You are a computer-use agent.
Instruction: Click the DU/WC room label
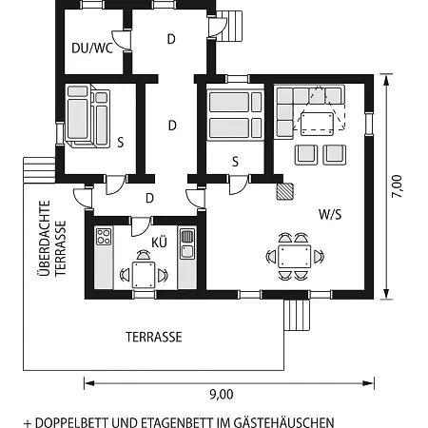tap(92, 49)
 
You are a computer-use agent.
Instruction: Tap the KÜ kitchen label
tap(159, 243)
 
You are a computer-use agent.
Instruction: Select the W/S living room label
tap(330, 215)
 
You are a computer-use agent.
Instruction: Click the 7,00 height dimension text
tap(397, 186)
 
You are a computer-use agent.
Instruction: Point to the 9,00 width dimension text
tap(222, 395)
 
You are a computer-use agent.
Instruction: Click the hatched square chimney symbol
tap(284, 191)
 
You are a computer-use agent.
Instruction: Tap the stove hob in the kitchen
tap(104, 236)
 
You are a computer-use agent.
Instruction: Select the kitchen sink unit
tap(187, 243)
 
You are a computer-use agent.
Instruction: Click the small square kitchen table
tap(144, 275)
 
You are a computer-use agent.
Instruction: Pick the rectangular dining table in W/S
tap(294, 257)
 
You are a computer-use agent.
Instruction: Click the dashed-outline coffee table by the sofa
tap(317, 124)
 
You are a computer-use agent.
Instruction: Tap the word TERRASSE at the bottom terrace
tap(154, 337)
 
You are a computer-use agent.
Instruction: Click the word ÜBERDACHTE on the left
tap(45, 238)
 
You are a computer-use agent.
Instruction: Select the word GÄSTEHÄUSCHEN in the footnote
tap(283, 422)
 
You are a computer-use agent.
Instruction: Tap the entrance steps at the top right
tap(231, 26)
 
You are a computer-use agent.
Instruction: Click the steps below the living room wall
tap(297, 315)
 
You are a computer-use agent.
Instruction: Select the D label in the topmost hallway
tap(171, 39)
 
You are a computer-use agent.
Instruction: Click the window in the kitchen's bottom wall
tap(144, 295)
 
